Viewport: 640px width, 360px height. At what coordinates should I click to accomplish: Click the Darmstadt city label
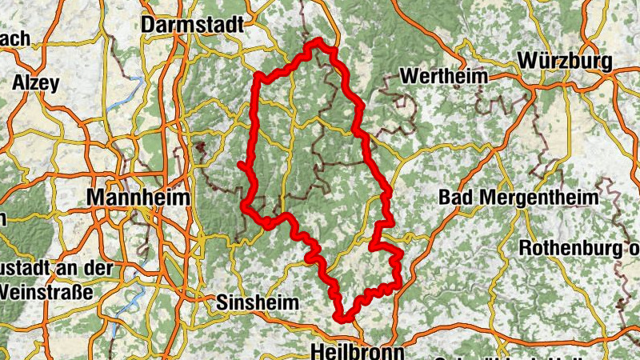pos(192,26)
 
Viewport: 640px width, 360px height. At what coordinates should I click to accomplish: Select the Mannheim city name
pos(139,197)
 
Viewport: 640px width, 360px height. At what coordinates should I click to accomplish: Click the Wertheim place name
pos(442,77)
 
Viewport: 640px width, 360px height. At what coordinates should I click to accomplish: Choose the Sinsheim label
pos(258,303)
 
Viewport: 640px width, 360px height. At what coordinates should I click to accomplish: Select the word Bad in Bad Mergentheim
pos(455,197)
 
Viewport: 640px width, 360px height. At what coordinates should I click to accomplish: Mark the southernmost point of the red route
pos(346,318)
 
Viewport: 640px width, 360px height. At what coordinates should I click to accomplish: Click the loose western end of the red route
pos(240,164)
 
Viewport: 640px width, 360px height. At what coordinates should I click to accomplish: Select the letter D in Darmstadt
pos(148,26)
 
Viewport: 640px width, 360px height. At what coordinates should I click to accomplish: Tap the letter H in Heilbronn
pos(316,351)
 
